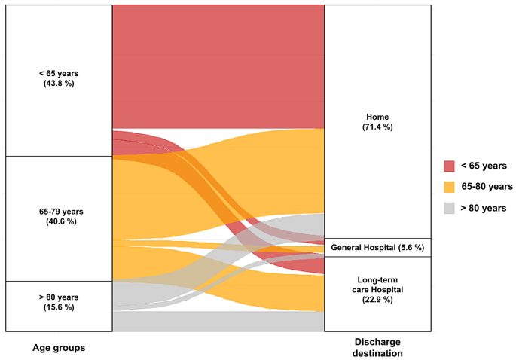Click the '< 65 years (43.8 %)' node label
(x=59, y=78)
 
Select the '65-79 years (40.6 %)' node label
(x=59, y=217)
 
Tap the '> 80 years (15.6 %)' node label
(x=59, y=303)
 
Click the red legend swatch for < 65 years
(x=449, y=166)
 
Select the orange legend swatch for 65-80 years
(x=449, y=187)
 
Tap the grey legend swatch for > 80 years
(x=449, y=208)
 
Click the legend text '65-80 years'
(x=487, y=187)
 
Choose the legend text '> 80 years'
(x=484, y=208)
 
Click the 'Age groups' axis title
(x=59, y=348)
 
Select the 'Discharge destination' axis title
(x=377, y=348)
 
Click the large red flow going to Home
(x=218, y=66)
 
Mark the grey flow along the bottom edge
(x=218, y=322)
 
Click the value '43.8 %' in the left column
(x=59, y=83)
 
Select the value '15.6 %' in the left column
(x=59, y=308)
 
